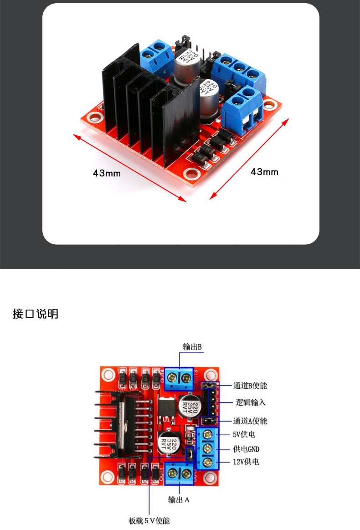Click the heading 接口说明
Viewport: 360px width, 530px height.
coord(36,314)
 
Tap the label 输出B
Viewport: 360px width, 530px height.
coord(192,347)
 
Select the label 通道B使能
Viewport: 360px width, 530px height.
coord(250,386)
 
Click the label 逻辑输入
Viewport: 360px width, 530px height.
coord(251,402)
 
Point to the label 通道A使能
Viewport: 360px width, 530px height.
coord(250,421)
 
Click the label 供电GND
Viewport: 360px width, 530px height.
coord(246,449)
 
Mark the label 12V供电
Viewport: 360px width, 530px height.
coord(246,462)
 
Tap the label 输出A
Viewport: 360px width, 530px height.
coord(179,500)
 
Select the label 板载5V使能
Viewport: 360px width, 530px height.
coord(149,520)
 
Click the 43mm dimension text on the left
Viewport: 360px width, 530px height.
coord(107,173)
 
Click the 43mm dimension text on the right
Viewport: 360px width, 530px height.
coord(264,172)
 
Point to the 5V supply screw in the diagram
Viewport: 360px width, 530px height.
coord(209,434)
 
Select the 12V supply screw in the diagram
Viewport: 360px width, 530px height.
coord(209,463)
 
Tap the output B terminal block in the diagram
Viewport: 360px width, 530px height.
coord(179,378)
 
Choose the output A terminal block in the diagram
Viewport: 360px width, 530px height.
coord(180,474)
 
